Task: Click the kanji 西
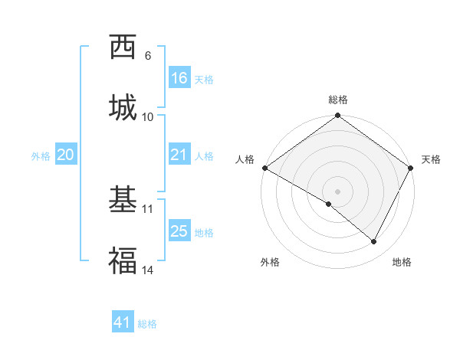click(x=123, y=47)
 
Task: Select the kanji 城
click(x=123, y=108)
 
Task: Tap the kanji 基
click(x=123, y=200)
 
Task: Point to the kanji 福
click(x=123, y=261)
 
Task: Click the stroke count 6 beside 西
click(x=147, y=55)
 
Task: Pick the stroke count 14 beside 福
click(x=147, y=270)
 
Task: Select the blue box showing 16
click(x=179, y=78)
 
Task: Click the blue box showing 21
click(x=179, y=155)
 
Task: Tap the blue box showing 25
click(x=179, y=231)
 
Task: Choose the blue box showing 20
click(x=66, y=155)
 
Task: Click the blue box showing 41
click(x=123, y=322)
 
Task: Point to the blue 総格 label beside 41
click(x=147, y=324)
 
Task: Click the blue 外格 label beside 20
click(x=41, y=156)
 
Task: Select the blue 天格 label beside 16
click(x=204, y=80)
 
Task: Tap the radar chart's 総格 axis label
click(x=338, y=100)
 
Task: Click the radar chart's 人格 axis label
click(x=245, y=159)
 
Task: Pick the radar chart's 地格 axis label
click(x=402, y=262)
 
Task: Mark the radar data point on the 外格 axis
click(x=329, y=204)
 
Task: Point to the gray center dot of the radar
click(x=338, y=191)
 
